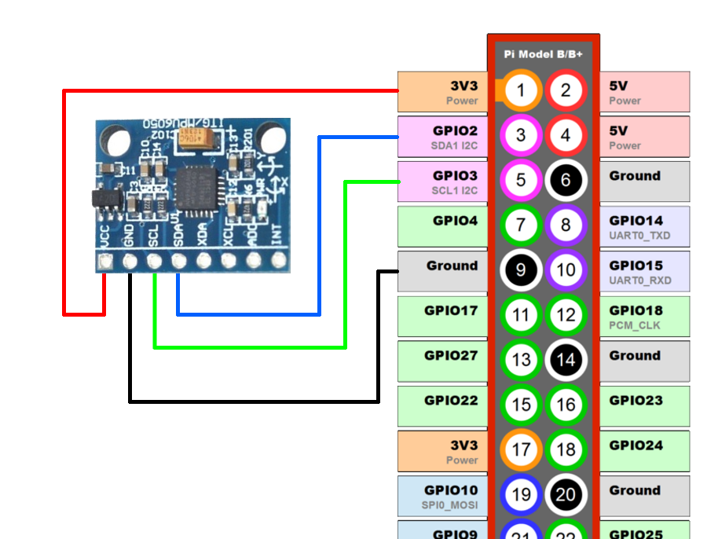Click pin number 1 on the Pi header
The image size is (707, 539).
click(x=521, y=91)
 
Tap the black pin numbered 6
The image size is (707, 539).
click(x=566, y=181)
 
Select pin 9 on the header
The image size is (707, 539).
click(x=521, y=270)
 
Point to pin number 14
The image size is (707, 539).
click(x=566, y=361)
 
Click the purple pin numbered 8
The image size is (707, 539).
click(x=566, y=225)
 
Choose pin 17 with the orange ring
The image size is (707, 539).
click(x=521, y=450)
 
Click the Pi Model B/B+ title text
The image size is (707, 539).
click(x=543, y=54)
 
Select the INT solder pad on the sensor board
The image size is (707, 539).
click(x=277, y=260)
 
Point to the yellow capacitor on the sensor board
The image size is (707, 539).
click(x=193, y=140)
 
